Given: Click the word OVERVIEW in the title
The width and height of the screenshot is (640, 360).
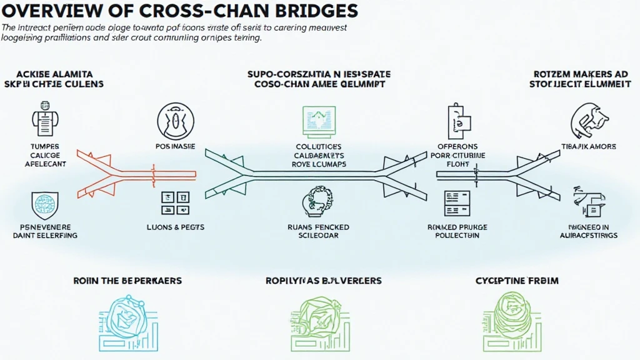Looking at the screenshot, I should [46, 11].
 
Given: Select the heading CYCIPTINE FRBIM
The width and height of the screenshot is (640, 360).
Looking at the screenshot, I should [517, 281].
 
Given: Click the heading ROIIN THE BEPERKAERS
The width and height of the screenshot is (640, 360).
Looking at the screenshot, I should [127, 281].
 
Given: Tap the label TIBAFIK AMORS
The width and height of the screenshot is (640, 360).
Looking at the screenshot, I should [589, 147].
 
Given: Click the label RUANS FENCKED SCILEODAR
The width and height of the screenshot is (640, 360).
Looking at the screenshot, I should [319, 232].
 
